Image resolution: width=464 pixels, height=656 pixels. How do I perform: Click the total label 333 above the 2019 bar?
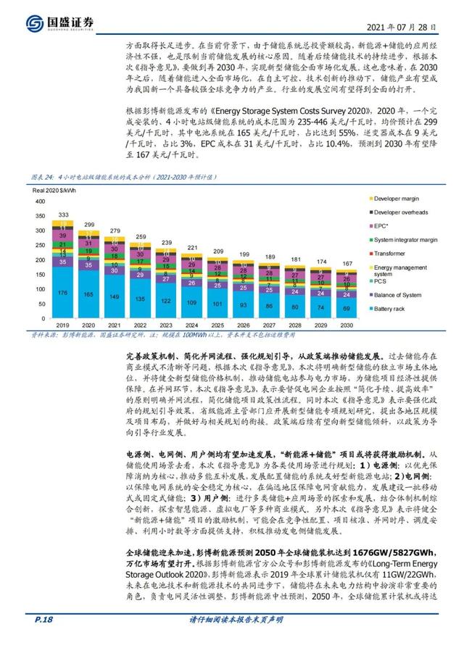(x=64, y=215)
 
